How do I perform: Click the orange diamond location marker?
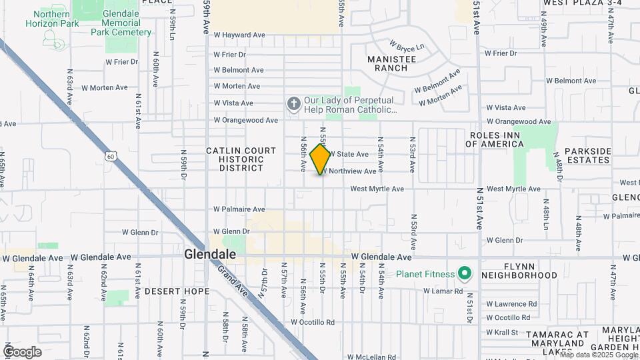(x=321, y=159)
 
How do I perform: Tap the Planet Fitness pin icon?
(x=465, y=274)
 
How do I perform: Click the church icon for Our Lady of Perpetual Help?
(x=293, y=104)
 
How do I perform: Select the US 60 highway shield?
(x=110, y=156)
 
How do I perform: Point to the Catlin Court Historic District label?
(x=241, y=159)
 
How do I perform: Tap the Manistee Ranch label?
(x=391, y=63)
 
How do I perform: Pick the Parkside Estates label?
(x=587, y=155)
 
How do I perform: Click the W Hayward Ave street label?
(x=239, y=35)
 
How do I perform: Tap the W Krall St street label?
(x=502, y=332)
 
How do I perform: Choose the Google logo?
(x=22, y=351)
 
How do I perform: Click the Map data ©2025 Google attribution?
(x=597, y=355)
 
